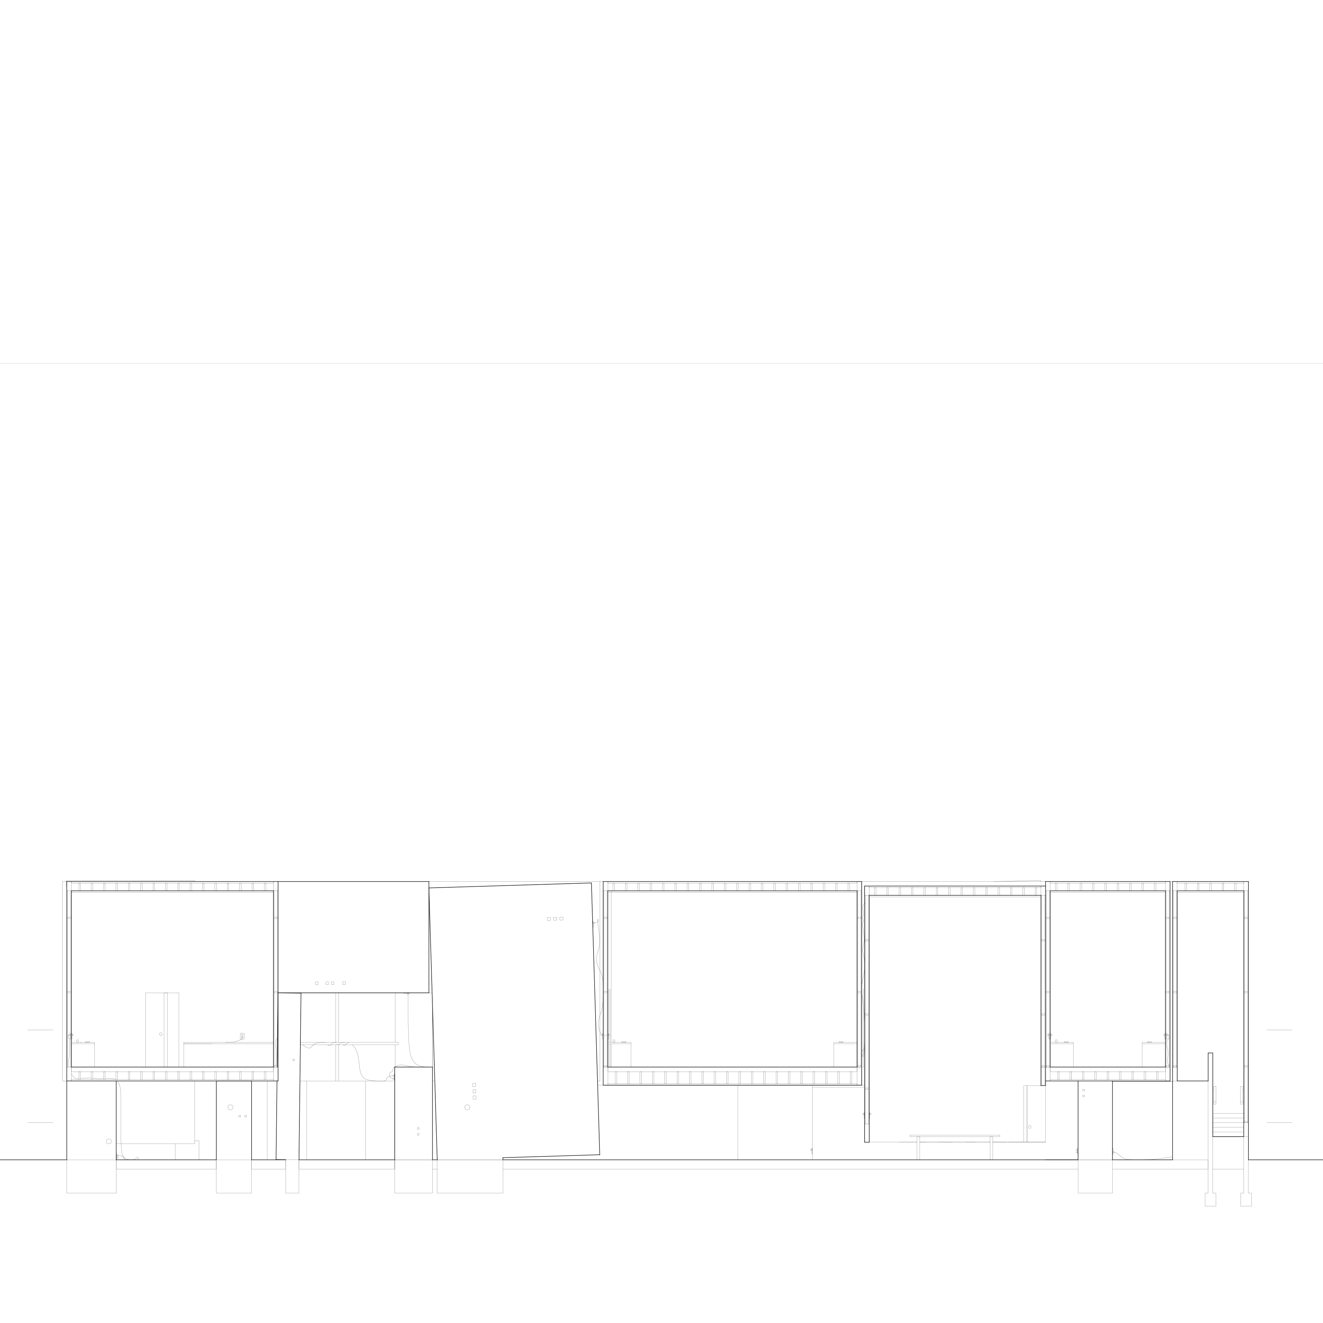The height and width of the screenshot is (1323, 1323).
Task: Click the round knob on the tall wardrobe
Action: point(161,1034)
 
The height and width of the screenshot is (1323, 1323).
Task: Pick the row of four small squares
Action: point(330,983)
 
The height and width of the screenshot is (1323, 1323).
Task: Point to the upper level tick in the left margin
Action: point(40,1029)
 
